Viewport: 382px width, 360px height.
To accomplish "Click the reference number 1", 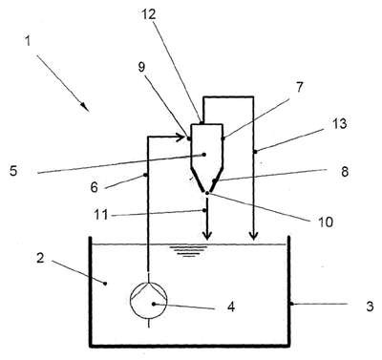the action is (x=28, y=40).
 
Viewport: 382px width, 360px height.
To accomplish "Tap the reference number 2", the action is (x=40, y=258).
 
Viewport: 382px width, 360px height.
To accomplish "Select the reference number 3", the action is (x=370, y=307).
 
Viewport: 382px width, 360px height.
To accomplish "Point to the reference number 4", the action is (x=231, y=307).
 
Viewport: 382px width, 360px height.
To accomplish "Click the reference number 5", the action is (x=13, y=171).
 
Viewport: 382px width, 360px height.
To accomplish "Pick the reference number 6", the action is (x=94, y=187).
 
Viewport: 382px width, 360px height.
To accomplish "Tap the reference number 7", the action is (x=300, y=87).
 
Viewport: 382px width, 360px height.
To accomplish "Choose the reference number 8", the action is (x=345, y=171).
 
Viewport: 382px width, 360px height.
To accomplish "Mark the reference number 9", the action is (x=141, y=67).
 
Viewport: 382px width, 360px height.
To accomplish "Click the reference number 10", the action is (x=325, y=222).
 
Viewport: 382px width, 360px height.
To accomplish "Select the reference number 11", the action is (x=101, y=215).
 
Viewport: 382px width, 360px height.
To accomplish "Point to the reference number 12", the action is (x=149, y=14).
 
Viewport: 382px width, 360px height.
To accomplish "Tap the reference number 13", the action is (x=339, y=123).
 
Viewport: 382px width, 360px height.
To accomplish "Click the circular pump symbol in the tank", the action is (x=149, y=300).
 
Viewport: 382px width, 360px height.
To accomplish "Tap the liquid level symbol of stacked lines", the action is (x=188, y=251).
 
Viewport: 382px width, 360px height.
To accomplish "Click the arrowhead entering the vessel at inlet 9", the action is (x=181, y=138).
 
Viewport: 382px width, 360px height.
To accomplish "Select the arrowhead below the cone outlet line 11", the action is (x=207, y=236).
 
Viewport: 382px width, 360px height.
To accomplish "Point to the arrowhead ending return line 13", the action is (x=253, y=236).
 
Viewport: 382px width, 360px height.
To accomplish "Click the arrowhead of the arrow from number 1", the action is (x=85, y=107).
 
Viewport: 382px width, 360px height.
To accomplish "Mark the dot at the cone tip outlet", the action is (x=207, y=193).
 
